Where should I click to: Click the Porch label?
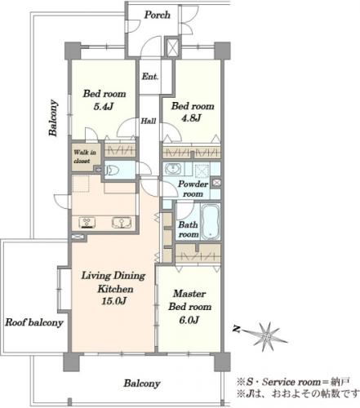[x=157, y=15]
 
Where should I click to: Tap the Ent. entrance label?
[x=149, y=77]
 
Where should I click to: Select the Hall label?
[x=149, y=121]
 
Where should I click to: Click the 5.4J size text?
[x=103, y=107]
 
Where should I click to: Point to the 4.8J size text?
[x=192, y=118]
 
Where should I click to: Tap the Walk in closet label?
[x=85, y=157]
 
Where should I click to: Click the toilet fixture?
[x=113, y=171]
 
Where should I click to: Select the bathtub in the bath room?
[x=211, y=221]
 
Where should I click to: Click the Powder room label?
[x=193, y=188]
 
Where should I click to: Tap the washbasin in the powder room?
[x=172, y=169]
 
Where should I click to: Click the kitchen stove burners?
[x=87, y=223]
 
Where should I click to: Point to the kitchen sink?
[x=122, y=223]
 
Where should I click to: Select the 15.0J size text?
[x=113, y=301]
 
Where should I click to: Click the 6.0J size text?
[x=189, y=320]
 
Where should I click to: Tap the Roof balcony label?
[x=34, y=323]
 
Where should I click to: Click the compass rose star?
[x=267, y=337]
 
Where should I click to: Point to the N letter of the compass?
[x=236, y=330]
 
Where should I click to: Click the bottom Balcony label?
[x=142, y=384]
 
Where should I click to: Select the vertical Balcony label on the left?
[x=53, y=118]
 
